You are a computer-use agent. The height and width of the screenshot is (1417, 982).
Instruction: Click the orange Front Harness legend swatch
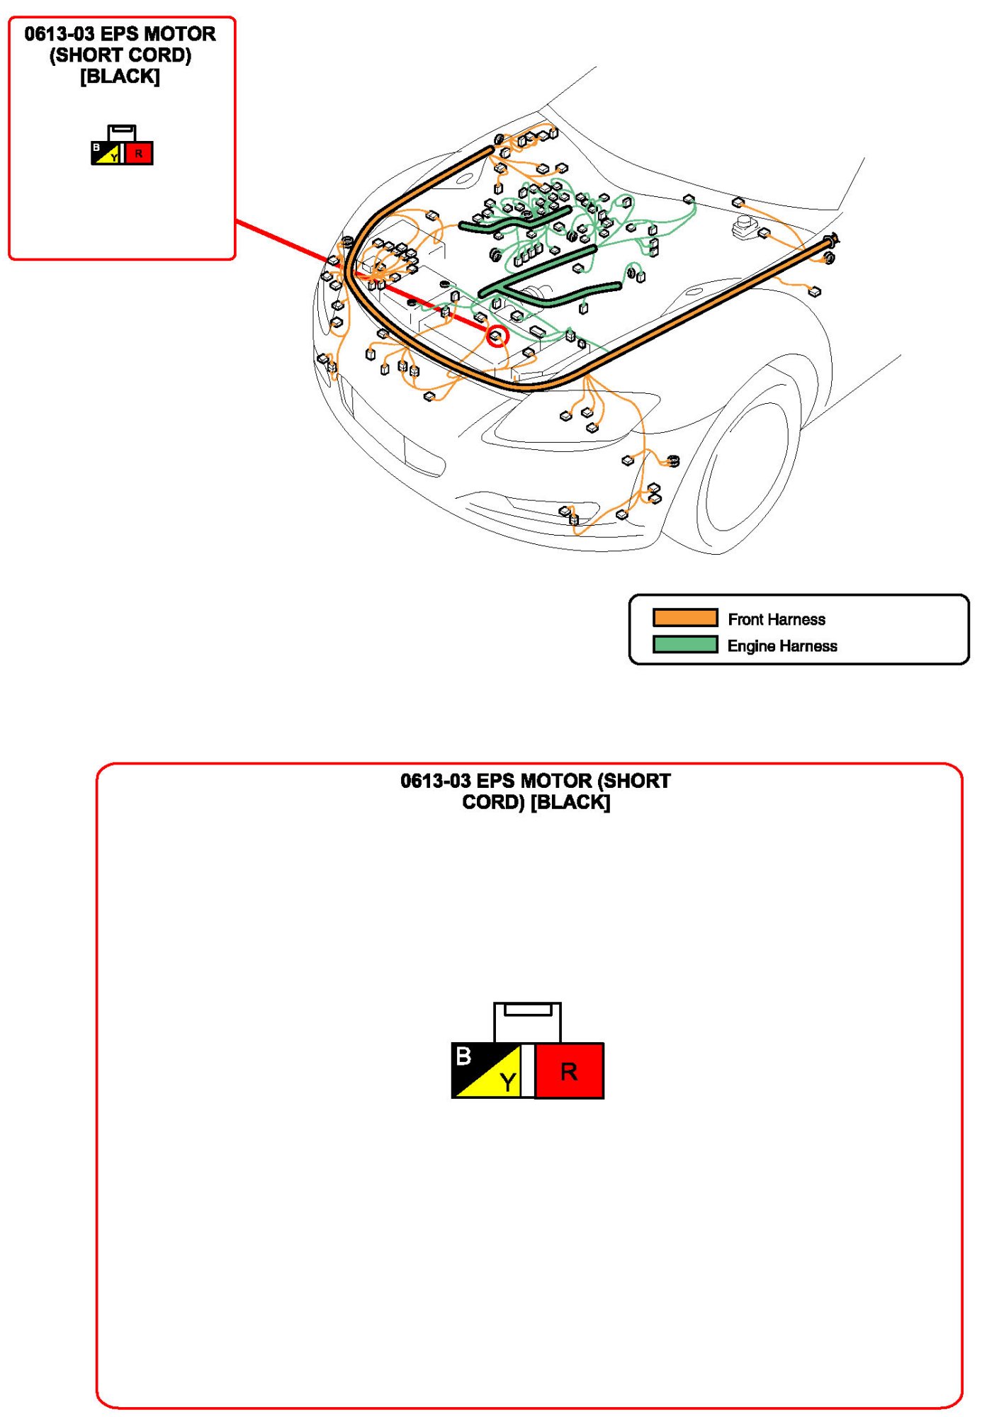click(x=684, y=618)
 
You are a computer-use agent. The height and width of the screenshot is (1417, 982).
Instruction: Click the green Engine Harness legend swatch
click(x=684, y=645)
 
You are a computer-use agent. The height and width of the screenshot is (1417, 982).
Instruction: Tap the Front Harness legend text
click(x=777, y=619)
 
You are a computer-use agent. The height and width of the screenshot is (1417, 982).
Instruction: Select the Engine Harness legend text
click(x=782, y=646)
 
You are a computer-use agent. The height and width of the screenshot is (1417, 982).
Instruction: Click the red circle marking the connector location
click(x=497, y=336)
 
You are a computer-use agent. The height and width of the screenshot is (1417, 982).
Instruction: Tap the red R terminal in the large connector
click(x=569, y=1071)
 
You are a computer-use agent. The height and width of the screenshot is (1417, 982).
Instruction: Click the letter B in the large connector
click(x=463, y=1056)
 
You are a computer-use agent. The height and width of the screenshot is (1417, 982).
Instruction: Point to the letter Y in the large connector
click(x=507, y=1082)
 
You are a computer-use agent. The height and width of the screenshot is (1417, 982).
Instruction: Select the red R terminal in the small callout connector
click(x=139, y=153)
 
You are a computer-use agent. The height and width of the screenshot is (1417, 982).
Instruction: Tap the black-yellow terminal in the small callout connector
click(x=106, y=153)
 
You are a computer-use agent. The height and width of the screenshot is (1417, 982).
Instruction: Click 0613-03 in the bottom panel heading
click(x=435, y=781)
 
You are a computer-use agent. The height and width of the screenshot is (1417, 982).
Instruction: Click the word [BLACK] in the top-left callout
click(x=120, y=76)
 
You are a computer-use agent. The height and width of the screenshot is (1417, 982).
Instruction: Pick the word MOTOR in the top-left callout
click(x=182, y=34)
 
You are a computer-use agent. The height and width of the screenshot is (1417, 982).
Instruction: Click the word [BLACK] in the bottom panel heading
click(x=570, y=802)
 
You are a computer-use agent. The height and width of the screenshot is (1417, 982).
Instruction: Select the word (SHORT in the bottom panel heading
click(x=634, y=781)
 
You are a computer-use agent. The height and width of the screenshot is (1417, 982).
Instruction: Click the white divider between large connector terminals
click(x=528, y=1071)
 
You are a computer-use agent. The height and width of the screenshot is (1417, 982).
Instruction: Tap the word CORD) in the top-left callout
click(x=160, y=55)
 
